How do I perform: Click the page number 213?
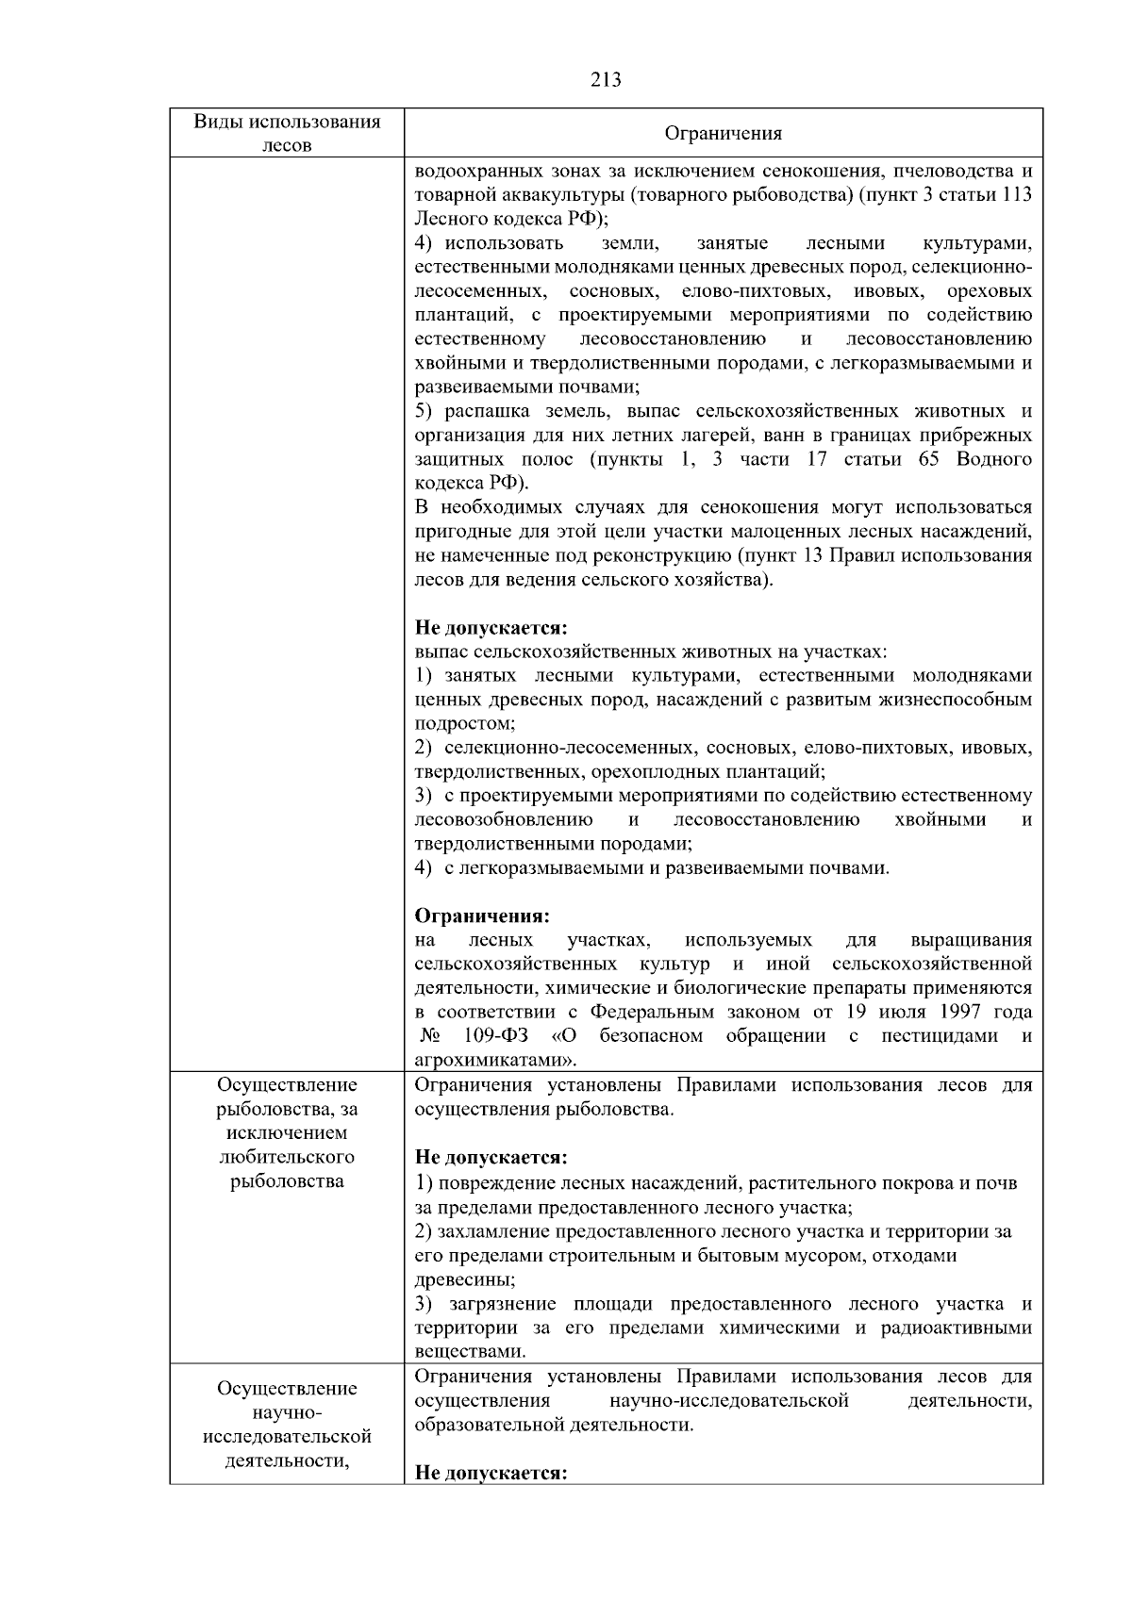606,80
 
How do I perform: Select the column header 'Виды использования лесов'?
287,133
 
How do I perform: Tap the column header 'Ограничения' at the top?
723,133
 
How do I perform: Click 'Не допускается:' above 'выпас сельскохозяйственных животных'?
491,627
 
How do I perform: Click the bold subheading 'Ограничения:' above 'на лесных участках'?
482,916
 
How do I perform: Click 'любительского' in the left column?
287,1157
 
